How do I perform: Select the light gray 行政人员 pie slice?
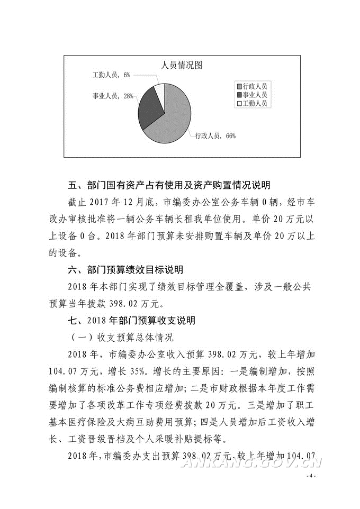pos(172,124)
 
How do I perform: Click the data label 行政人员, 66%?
pos(215,136)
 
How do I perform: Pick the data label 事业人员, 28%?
pos(112,96)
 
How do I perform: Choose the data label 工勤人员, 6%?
pos(111,76)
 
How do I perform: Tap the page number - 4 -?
pos(311,476)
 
